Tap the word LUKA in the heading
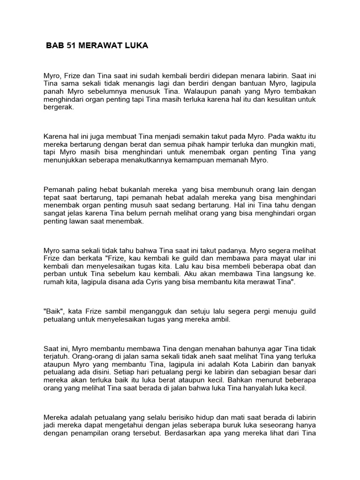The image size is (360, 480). click(x=135, y=46)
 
